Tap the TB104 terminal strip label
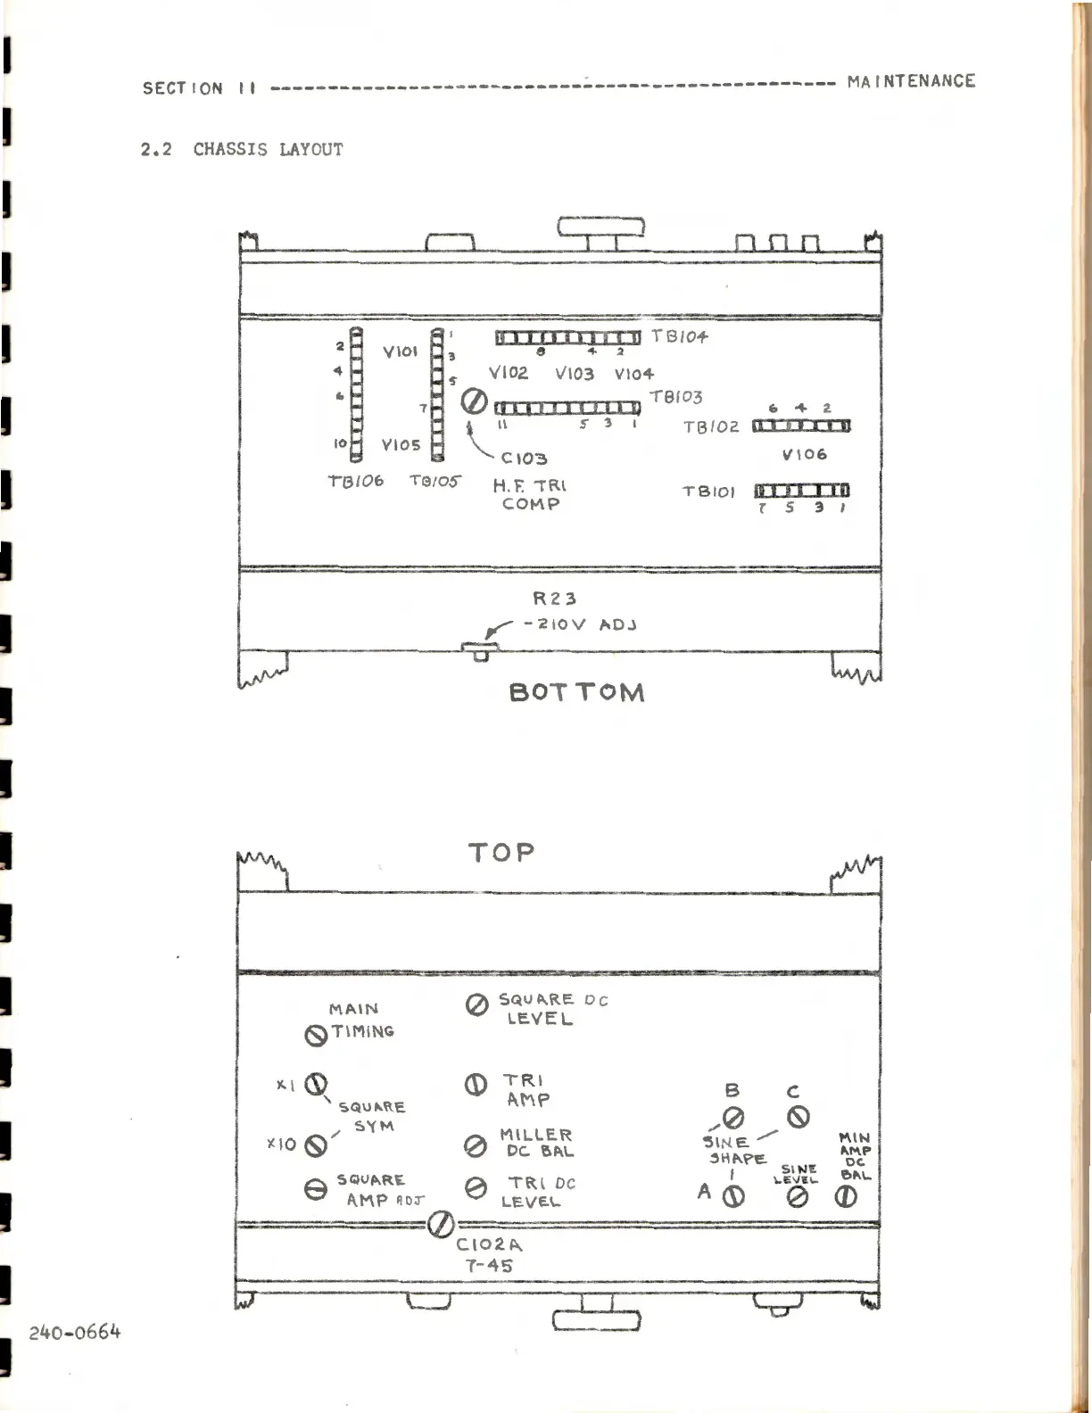pos(680,336)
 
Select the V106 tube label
pos(804,454)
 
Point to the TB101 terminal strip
pos(802,490)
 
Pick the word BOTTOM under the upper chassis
pos(576,693)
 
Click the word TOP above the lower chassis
pos(501,853)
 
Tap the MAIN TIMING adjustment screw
pos(315,1036)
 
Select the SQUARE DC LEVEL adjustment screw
pos(476,1005)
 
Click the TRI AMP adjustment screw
pos(476,1086)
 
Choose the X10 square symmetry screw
pos(315,1145)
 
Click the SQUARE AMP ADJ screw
pos(316,1189)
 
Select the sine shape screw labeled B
pos(733,1118)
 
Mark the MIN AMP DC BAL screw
pos(846,1197)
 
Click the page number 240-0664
pos(75,1333)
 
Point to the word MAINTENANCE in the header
pos(911,81)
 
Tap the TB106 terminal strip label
pos(355,481)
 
